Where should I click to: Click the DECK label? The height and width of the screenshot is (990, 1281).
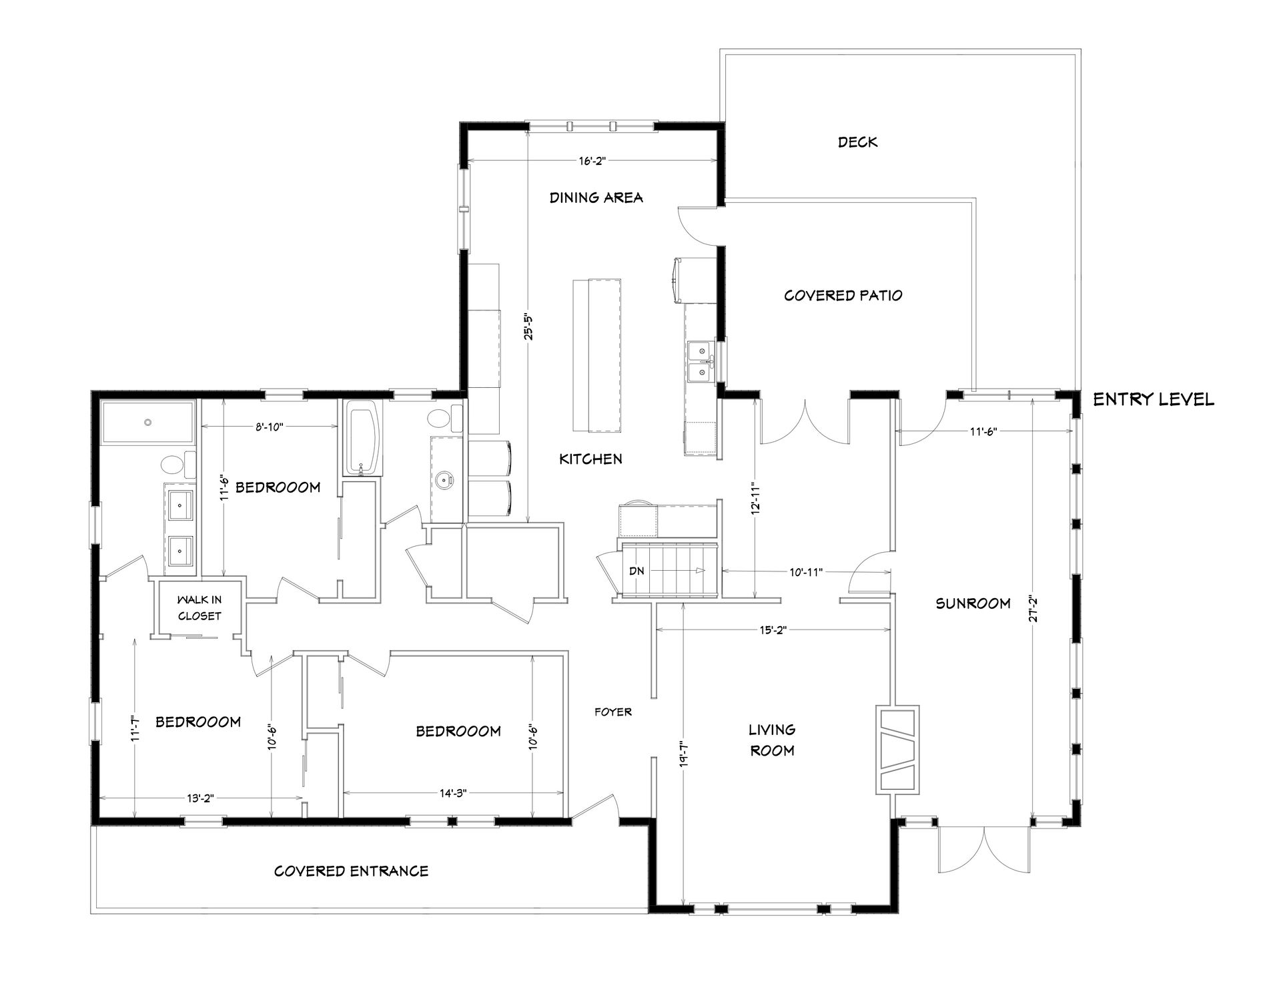pos(857,142)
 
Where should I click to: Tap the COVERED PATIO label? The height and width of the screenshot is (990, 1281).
pos(843,295)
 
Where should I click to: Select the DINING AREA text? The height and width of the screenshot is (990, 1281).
pos(596,198)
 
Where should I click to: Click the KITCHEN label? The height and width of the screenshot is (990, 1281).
pos(590,459)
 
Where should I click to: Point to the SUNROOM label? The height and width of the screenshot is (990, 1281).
pos(973,603)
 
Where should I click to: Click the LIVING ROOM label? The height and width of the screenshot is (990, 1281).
pos(772,740)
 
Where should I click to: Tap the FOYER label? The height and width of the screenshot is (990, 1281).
pos(612,712)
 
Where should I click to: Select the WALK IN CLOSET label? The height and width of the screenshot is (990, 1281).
pos(199,607)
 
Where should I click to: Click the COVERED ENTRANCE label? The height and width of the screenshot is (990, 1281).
pos(351,871)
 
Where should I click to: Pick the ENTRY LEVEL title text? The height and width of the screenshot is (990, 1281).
pos(1153,400)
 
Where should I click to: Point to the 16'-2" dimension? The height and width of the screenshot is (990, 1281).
pos(592,161)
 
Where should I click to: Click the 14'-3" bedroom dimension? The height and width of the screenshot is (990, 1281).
pos(453,793)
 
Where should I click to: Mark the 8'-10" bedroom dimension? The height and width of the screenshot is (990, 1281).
pos(270,427)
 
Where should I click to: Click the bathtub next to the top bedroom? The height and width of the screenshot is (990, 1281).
pos(364,438)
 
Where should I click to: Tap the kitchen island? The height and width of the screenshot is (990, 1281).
pos(596,357)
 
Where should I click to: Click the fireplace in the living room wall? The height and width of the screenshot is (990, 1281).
pos(897,750)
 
